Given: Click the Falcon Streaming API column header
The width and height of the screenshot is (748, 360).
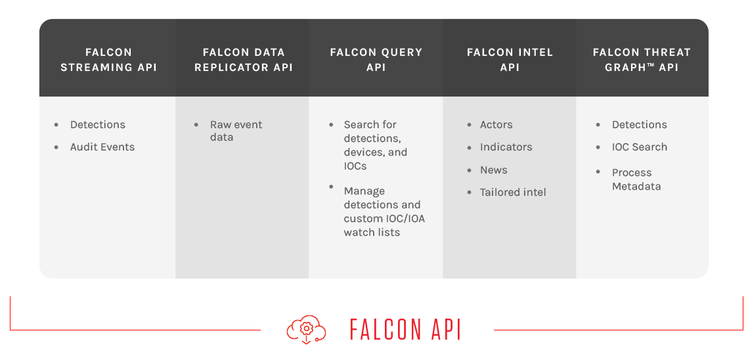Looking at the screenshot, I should (x=108, y=59).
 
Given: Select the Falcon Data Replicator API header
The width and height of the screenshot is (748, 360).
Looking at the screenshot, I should (x=243, y=59).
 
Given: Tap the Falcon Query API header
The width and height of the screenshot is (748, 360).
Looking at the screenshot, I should (x=376, y=59).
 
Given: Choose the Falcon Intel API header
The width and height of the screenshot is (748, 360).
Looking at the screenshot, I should (x=510, y=59).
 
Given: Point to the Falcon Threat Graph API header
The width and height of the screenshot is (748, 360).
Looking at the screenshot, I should (x=642, y=59).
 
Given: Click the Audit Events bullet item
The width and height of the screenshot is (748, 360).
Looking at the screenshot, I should (x=102, y=147).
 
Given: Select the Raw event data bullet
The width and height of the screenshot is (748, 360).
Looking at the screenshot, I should (x=235, y=131).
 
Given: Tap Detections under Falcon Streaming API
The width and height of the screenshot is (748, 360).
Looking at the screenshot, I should (x=97, y=125).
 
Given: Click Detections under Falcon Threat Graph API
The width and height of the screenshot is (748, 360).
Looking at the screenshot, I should (x=639, y=125).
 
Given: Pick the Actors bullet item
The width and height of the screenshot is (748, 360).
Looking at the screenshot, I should (x=496, y=125).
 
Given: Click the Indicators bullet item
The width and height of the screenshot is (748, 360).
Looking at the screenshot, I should (x=506, y=147).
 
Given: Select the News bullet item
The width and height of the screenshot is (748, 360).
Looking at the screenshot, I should (x=493, y=170).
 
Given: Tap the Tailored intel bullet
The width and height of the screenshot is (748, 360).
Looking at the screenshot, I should (x=513, y=192).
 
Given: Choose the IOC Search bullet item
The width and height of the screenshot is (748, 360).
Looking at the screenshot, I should (x=639, y=147).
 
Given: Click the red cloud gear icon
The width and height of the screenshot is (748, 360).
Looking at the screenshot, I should (x=306, y=329).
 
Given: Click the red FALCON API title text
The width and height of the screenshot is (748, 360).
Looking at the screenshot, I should (x=405, y=330).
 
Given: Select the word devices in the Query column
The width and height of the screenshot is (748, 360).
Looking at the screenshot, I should (x=366, y=152).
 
